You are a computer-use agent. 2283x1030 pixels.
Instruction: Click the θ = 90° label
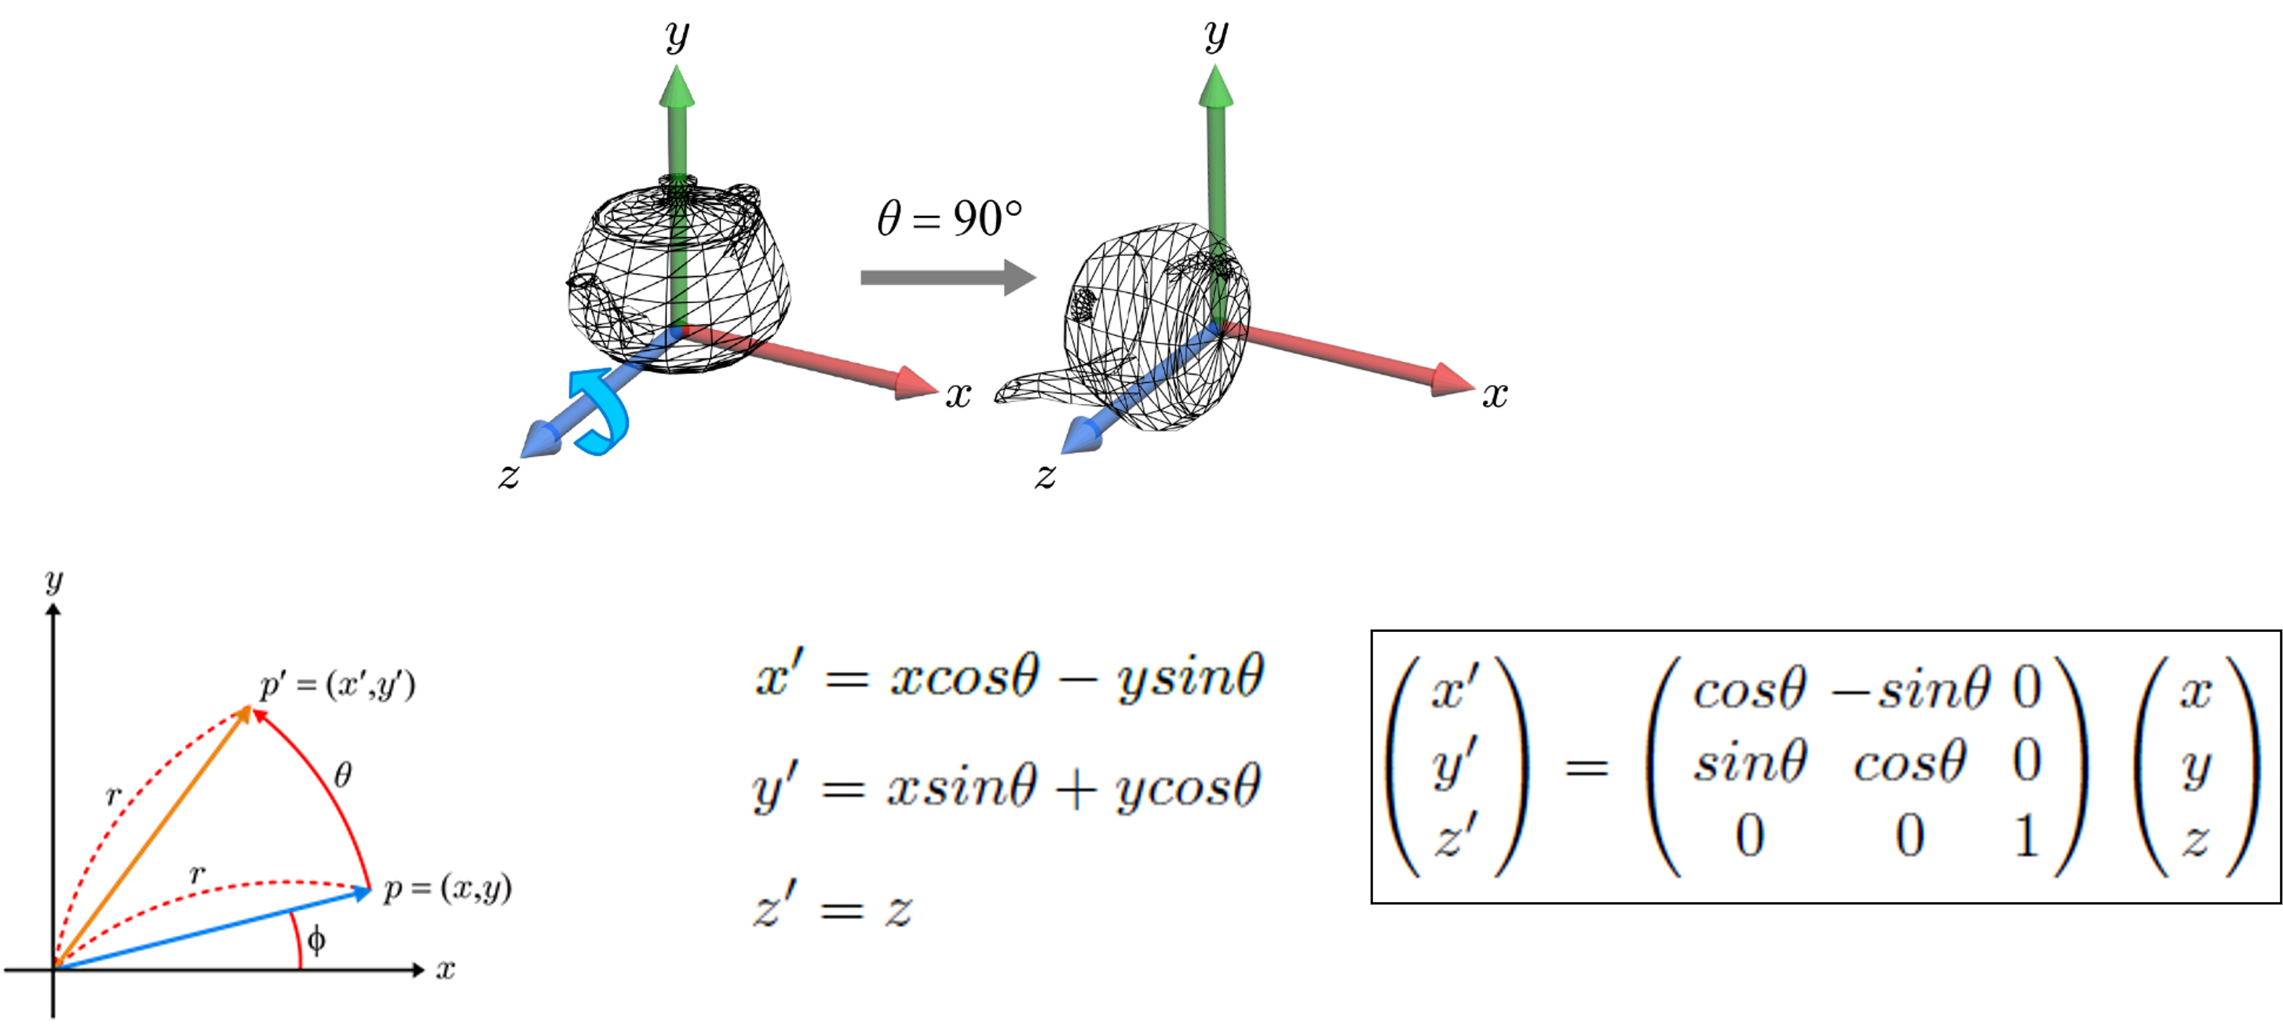tap(949, 218)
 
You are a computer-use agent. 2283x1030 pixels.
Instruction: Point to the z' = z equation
tap(833, 911)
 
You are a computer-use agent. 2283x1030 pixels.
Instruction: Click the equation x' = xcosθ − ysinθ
tap(1010, 680)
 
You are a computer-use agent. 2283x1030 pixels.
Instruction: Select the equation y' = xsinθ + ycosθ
tap(1006, 788)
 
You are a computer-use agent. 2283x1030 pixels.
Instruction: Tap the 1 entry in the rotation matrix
tap(2026, 836)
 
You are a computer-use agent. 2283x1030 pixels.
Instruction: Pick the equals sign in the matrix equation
tap(1587, 767)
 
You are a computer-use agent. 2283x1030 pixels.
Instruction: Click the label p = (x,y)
tap(447, 888)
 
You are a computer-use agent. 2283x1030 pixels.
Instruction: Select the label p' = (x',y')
tap(338, 685)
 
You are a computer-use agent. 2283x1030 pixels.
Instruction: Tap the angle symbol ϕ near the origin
tap(316, 940)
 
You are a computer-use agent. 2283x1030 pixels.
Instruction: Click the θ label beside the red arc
tap(343, 776)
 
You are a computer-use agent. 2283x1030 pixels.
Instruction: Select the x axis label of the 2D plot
tap(445, 970)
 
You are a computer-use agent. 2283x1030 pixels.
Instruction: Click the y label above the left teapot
tap(677, 36)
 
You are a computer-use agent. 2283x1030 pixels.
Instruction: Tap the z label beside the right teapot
tap(1046, 476)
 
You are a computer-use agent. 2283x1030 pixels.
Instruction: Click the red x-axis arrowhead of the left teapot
tap(916, 384)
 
